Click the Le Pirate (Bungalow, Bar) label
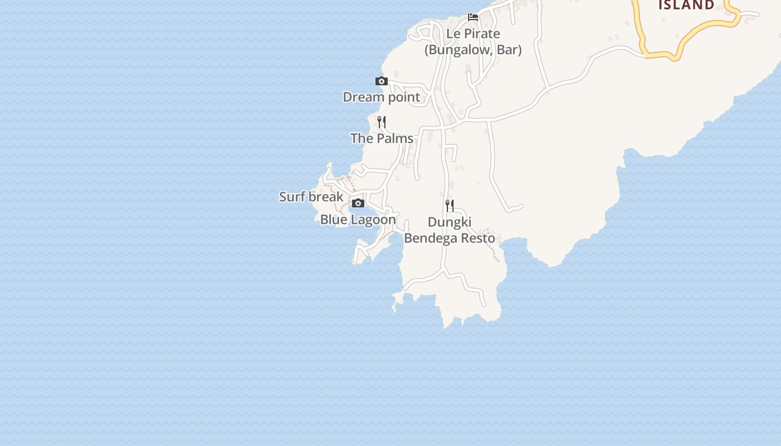pyautogui.click(x=473, y=42)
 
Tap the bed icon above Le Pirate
pyautogui.click(x=473, y=17)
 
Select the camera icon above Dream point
pyautogui.click(x=382, y=81)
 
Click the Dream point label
pyautogui.click(x=381, y=97)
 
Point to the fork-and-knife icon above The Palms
pyautogui.click(x=382, y=122)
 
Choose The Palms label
pyautogui.click(x=382, y=138)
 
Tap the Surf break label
pyautogui.click(x=311, y=197)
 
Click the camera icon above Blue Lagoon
pyautogui.click(x=358, y=203)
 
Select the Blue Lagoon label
pyautogui.click(x=358, y=220)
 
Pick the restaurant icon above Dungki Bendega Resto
pyautogui.click(x=450, y=206)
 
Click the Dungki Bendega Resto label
pyautogui.click(x=450, y=230)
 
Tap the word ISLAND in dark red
pyautogui.click(x=686, y=6)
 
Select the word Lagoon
pyautogui.click(x=373, y=220)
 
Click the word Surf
pyautogui.click(x=291, y=197)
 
